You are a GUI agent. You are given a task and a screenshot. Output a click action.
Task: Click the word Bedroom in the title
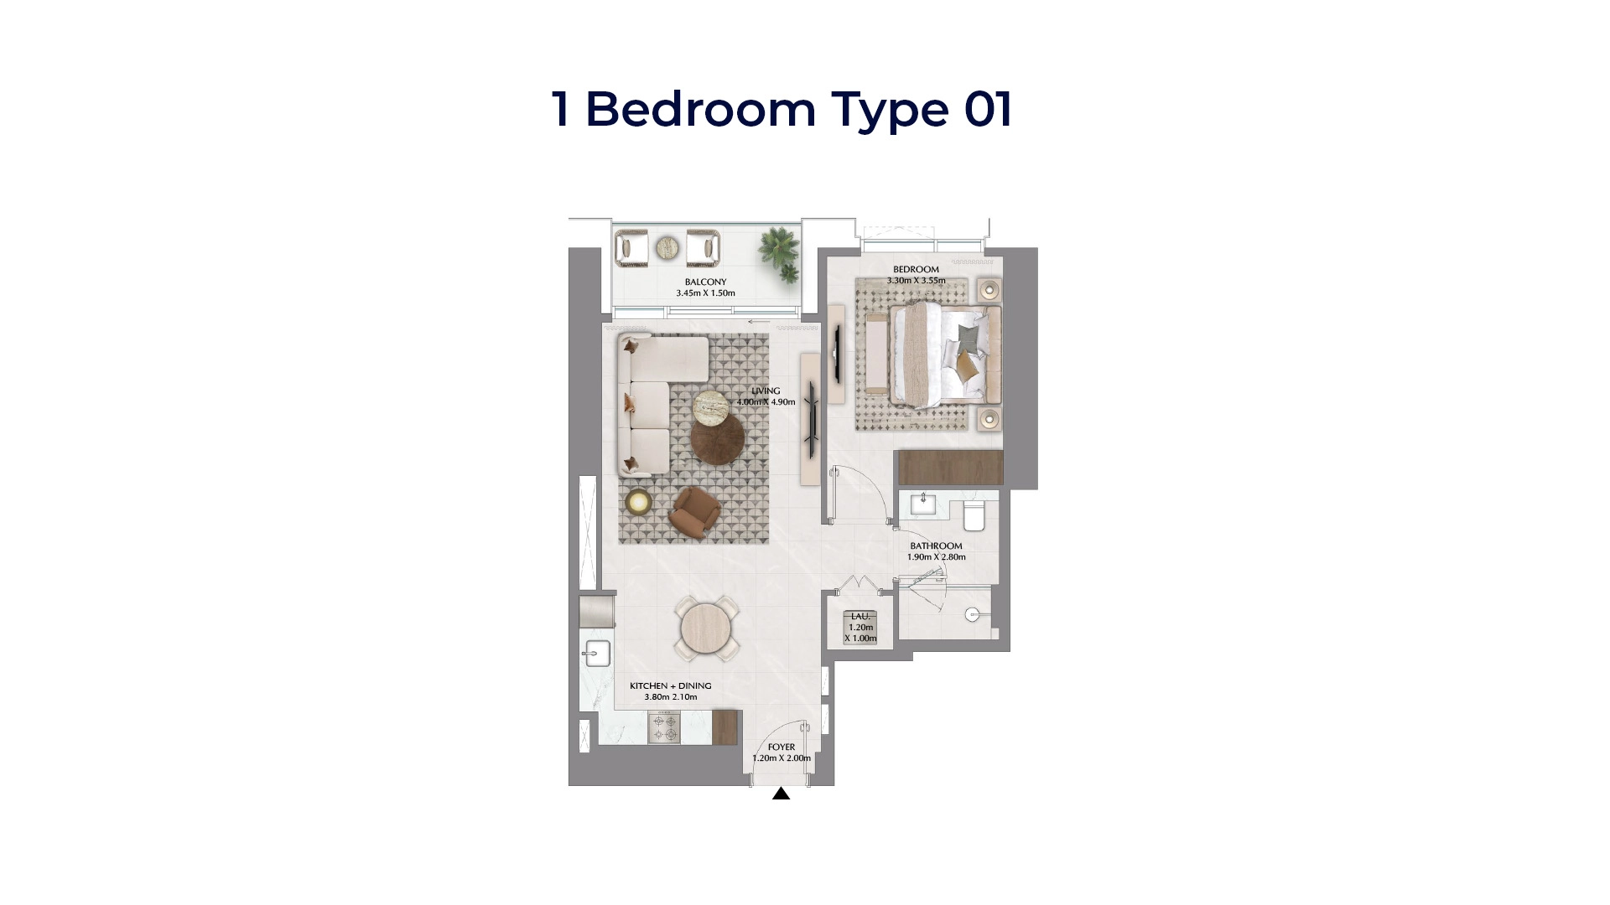[x=700, y=110]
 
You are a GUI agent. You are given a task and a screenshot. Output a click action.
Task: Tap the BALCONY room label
[x=705, y=282]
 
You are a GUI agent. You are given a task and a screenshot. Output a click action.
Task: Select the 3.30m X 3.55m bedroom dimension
[x=916, y=281]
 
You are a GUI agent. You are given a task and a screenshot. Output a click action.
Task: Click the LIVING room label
[x=766, y=391]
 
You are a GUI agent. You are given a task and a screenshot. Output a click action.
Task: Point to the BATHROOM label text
[x=936, y=546]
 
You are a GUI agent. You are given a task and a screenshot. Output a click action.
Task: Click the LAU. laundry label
[x=860, y=617]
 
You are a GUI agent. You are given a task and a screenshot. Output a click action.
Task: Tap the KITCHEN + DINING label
[x=670, y=686]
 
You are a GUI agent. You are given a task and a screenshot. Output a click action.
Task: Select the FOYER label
[x=781, y=747]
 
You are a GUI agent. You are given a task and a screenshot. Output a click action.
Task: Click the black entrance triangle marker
[x=781, y=794]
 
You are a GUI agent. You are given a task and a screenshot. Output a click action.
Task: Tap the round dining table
[x=708, y=628]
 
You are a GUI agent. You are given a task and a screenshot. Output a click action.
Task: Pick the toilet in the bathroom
[x=974, y=515]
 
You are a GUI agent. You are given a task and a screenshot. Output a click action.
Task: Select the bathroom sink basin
[x=924, y=503]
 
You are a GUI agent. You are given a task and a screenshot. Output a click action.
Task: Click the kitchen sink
[x=597, y=653]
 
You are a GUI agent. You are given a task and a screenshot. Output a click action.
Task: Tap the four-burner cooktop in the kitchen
[x=666, y=727]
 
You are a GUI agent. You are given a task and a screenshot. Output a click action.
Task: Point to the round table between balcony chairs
[x=667, y=247]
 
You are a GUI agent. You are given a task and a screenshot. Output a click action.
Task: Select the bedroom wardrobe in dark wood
[x=950, y=467]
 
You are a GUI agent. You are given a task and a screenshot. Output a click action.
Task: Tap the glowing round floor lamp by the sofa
[x=638, y=502]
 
